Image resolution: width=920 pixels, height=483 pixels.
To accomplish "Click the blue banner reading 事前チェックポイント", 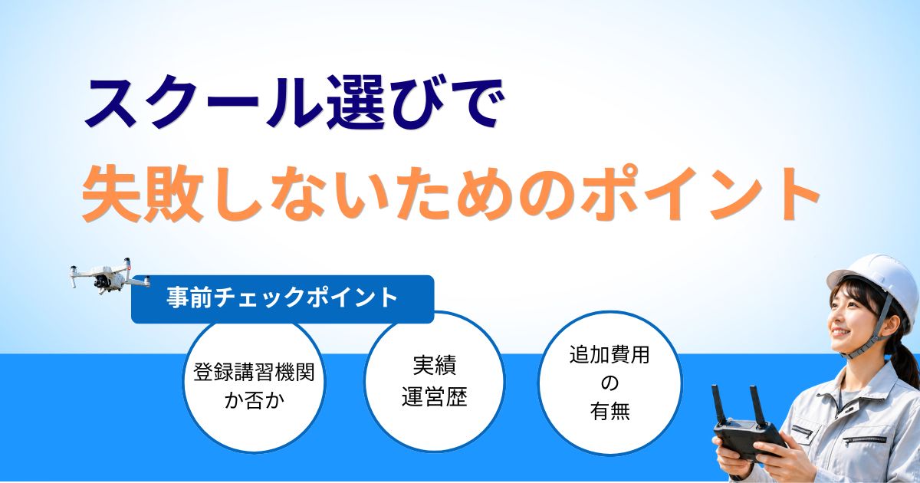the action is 283,299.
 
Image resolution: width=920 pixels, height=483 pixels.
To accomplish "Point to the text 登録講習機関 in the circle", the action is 254,373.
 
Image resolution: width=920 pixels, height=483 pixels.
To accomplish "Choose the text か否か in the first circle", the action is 255,400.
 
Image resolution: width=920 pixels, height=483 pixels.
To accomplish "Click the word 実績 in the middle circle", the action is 435,365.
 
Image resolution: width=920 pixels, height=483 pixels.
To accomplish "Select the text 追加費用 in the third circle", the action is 609,355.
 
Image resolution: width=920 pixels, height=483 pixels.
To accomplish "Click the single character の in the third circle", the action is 609,383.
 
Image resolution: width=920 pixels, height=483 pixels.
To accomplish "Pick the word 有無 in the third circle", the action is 610,411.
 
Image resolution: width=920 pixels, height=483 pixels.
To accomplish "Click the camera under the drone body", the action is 100,283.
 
